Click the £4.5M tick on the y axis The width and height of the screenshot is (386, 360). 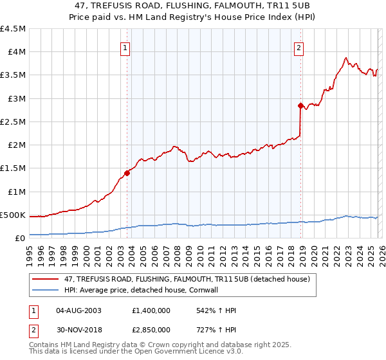pos(13,29)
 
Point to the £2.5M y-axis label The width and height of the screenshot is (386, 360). pos(13,122)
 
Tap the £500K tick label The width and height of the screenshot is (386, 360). pos(13,215)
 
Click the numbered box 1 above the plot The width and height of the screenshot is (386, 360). pos(125,47)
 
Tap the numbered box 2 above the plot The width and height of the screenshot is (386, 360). pos(300,47)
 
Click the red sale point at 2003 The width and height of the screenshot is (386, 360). pos(127,172)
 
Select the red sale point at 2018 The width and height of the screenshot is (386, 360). pos(300,105)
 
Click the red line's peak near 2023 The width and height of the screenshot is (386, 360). pos(346,57)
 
